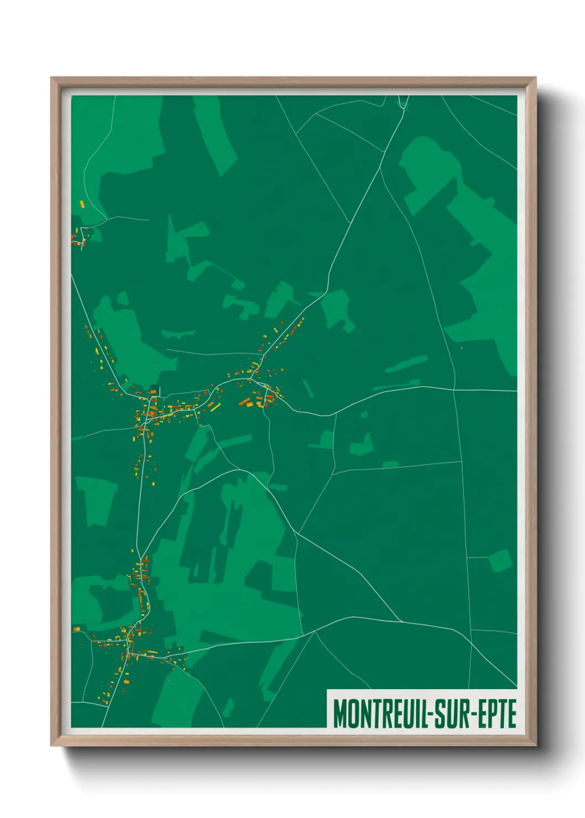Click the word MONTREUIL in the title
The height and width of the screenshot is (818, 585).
378,714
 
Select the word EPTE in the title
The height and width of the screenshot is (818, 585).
497,714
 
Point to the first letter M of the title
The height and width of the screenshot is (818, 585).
339,714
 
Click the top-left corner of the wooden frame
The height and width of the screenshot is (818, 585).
52,78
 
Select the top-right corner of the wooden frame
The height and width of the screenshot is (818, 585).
535,78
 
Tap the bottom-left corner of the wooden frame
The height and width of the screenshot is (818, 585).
52,745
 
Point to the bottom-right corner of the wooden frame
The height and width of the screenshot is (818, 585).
535,745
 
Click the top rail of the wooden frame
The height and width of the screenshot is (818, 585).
293,81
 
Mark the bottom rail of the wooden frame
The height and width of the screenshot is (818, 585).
293,741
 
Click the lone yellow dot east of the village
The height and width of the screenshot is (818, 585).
462,348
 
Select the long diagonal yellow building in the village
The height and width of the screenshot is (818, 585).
214,406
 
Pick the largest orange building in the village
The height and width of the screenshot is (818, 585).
244,402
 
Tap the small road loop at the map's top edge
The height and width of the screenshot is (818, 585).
403,102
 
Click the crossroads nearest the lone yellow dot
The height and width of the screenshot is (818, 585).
453,390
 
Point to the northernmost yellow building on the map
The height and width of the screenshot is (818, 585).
82,204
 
